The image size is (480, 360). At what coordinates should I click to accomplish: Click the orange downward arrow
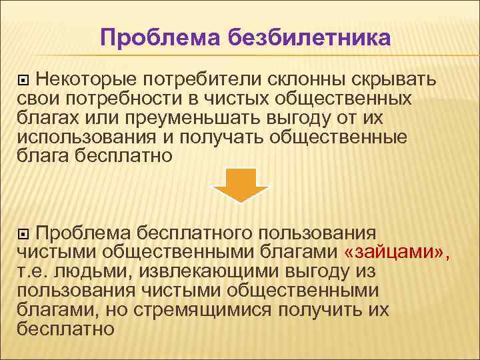(240, 185)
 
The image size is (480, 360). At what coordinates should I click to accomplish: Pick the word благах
(46, 118)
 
